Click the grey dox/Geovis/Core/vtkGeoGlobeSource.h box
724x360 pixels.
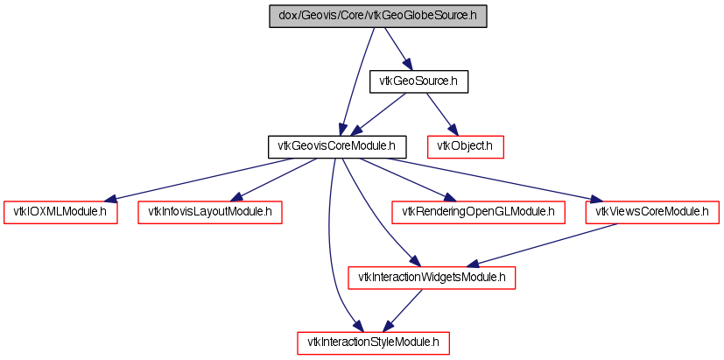pos(377,16)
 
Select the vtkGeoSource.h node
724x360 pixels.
pos(418,81)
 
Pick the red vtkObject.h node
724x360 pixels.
pos(465,147)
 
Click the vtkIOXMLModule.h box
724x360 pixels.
pos(60,213)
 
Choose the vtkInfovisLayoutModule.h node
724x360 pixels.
pos(209,213)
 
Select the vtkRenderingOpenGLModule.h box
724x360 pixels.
pos(478,213)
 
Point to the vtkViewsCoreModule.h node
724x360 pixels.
pos(652,213)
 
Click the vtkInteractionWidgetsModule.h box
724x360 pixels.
pos(432,278)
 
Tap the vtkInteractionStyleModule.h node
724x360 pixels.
pos(373,342)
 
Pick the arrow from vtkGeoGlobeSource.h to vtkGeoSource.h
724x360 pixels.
pos(397,48)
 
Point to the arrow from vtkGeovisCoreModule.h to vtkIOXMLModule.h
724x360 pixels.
pos(199,180)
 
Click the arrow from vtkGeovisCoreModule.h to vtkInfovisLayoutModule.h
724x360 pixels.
pos(277,180)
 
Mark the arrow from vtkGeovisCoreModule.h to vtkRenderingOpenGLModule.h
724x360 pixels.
pos(408,180)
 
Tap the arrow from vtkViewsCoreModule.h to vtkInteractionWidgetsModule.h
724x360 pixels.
pos(543,245)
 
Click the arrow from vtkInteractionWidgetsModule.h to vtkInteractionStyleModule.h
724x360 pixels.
pos(403,311)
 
